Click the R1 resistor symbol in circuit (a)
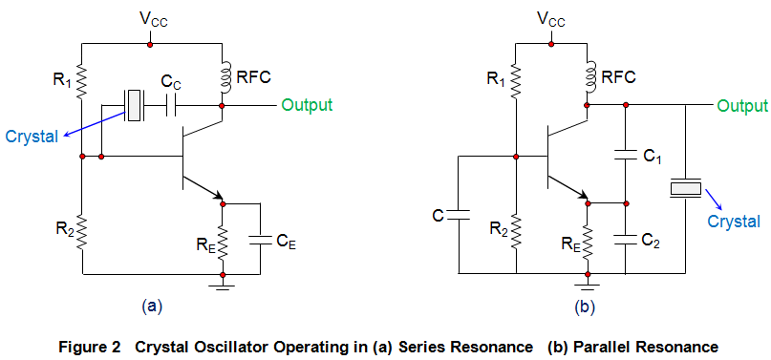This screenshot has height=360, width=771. [82, 81]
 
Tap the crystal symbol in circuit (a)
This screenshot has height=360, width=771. [134, 104]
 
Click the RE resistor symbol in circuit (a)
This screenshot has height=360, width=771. [223, 240]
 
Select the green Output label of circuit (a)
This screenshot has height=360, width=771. [307, 104]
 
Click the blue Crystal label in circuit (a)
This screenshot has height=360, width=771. [30, 136]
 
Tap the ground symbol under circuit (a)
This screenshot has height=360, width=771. [223, 284]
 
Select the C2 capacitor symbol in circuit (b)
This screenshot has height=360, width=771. [626, 238]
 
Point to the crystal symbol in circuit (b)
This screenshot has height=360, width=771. [686, 189]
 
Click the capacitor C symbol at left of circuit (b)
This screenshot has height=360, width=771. [459, 215]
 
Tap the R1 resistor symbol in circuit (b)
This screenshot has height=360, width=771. [516, 81]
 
